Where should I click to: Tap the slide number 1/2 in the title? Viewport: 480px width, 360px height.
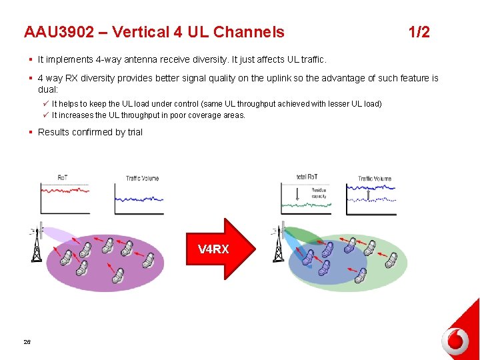[419, 32]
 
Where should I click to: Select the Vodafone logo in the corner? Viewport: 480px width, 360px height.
[455, 341]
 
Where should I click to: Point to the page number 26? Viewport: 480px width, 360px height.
[27, 341]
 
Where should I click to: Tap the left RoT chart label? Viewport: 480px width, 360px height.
[63, 177]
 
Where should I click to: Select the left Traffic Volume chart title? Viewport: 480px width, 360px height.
[142, 178]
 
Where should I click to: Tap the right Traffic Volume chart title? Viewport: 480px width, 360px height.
[374, 178]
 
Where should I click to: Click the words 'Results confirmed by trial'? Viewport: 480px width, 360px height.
[90, 132]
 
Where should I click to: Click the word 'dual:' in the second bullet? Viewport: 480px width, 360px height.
[48, 89]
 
